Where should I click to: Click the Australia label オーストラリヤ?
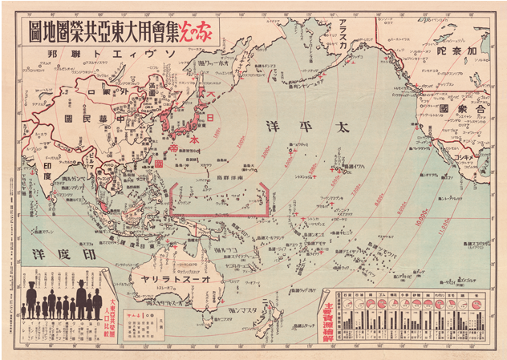point(177,278)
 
